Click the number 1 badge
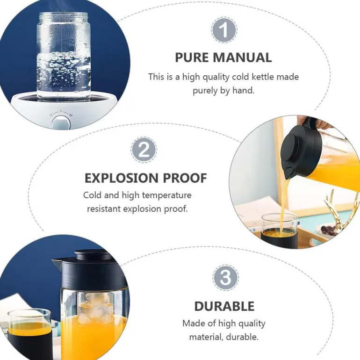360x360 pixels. point(224,30)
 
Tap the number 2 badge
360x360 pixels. point(144,150)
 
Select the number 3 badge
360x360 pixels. point(225,278)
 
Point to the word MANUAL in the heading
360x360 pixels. point(243,58)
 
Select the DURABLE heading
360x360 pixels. point(224,306)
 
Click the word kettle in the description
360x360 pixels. point(263,77)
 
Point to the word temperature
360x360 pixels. point(167,195)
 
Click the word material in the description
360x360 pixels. point(206,337)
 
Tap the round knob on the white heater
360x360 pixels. point(61,123)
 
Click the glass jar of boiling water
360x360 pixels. point(64,57)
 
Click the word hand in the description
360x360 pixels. point(244,90)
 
